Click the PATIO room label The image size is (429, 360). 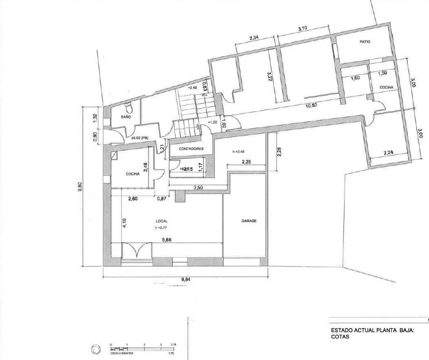pos(365,42)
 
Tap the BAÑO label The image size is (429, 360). pos(125,117)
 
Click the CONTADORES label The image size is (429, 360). pos(191,149)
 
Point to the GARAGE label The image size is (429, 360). pos(249,221)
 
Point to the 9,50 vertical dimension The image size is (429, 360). pos(85,189)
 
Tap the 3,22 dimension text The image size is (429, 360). pos(269,77)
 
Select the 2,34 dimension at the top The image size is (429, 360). pos(253,38)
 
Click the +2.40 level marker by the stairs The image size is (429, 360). pos(192,88)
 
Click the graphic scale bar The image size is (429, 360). pos(143,349)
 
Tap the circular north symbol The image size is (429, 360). pos(96,350)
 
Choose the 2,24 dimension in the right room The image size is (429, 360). pos(389,153)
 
